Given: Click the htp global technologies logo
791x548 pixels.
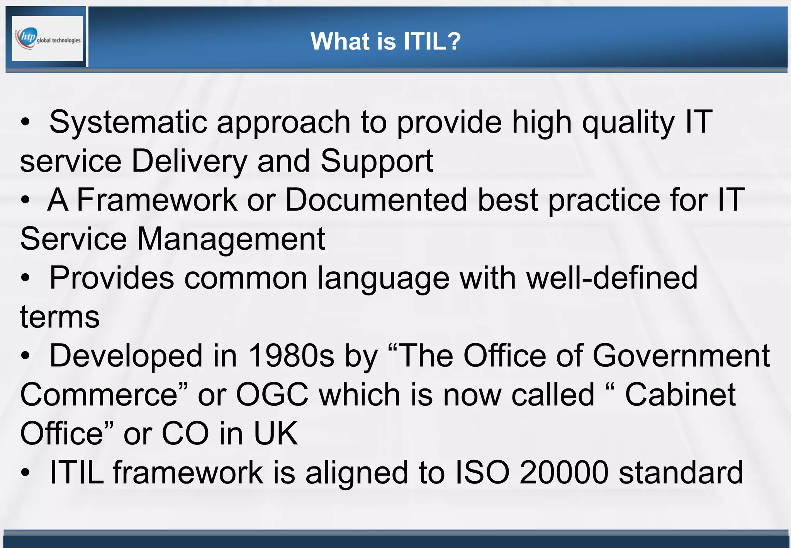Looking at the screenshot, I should click(x=48, y=38).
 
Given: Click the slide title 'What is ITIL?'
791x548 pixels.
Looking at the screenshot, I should click(x=385, y=41).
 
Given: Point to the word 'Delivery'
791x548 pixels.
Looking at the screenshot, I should click(x=189, y=161).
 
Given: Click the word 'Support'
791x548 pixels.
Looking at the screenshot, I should click(x=377, y=161).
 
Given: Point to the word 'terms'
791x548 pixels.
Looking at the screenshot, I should click(x=60, y=317).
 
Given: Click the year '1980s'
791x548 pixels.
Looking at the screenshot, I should click(x=291, y=356).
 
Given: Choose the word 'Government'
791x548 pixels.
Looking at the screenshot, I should click(x=681, y=356).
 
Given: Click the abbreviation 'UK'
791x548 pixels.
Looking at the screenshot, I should click(x=275, y=434).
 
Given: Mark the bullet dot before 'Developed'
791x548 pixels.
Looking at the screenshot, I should click(x=25, y=356).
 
